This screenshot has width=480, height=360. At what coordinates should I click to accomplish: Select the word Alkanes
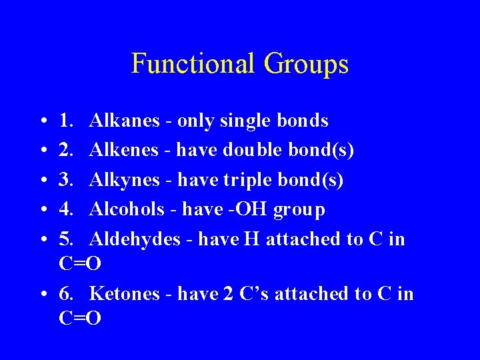click(125, 121)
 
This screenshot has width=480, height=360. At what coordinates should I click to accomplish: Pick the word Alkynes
click(125, 180)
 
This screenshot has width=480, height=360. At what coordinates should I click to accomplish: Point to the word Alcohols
click(127, 209)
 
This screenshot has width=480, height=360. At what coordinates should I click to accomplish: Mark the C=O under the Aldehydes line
click(80, 264)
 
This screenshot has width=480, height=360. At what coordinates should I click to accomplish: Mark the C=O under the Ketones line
click(80, 319)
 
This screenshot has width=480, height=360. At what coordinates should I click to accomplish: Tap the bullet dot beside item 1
click(42, 122)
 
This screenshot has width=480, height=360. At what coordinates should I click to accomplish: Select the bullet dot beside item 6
click(42, 294)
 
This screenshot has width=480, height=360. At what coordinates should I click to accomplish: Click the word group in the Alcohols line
click(299, 211)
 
